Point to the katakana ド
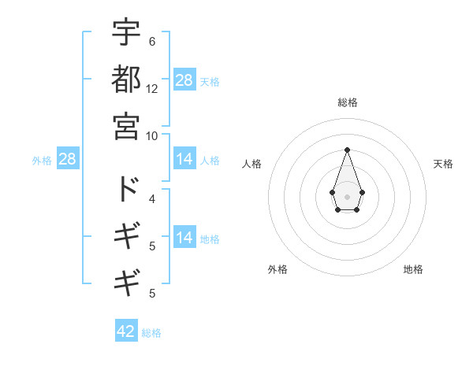click(x=126, y=189)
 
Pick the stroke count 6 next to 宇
click(x=152, y=41)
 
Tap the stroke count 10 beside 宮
click(x=152, y=135)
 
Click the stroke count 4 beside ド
click(x=152, y=198)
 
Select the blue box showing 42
click(x=126, y=331)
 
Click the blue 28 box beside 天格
click(x=184, y=80)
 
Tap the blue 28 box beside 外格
click(x=68, y=160)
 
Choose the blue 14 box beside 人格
click(x=184, y=160)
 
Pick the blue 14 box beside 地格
click(x=184, y=239)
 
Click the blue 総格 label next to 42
click(x=151, y=333)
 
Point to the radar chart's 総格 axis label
click(x=347, y=103)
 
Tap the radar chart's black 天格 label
click(x=444, y=164)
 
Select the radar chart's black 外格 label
click(x=277, y=269)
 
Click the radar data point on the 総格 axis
click(x=347, y=150)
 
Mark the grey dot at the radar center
click(x=347, y=195)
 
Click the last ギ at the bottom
click(x=126, y=281)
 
